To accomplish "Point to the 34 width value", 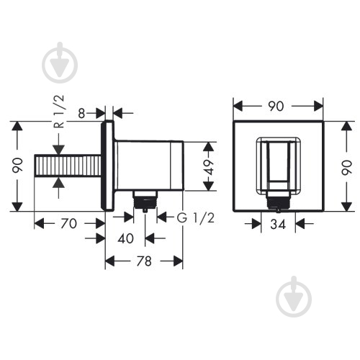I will pyautogui.click(x=279, y=224).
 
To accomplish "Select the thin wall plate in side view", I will pyautogui.click(x=109, y=166).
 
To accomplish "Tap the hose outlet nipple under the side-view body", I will pyautogui.click(x=145, y=201).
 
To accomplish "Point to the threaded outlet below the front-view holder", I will pyautogui.click(x=278, y=201).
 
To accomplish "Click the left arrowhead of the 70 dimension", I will pyautogui.click(x=38, y=223).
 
